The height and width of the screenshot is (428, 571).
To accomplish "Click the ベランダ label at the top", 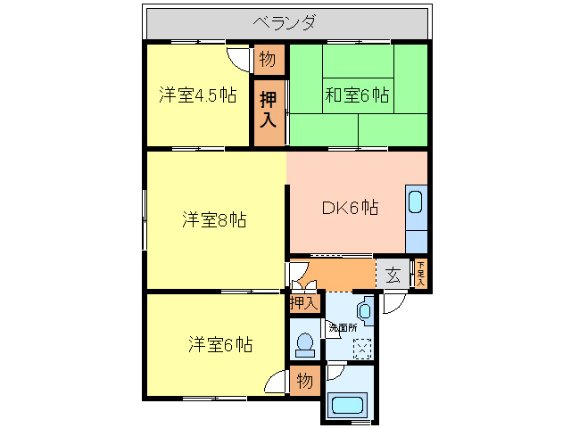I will point(284,22).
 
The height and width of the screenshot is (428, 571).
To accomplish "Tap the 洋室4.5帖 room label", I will point(198,95).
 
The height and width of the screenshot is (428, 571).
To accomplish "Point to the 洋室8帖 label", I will point(215,219).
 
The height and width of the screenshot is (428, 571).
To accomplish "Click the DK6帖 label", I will point(350,208).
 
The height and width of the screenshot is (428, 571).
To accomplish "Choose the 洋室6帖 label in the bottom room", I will point(219,344).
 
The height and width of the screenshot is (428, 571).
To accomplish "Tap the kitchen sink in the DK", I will point(416,202).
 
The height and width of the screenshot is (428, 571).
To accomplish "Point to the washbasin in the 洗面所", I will point(366,312).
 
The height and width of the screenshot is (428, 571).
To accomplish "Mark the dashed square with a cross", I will point(363,348).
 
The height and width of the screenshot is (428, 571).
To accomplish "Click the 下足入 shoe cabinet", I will point(420,274).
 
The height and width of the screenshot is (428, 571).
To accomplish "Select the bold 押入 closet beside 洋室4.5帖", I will point(268,109).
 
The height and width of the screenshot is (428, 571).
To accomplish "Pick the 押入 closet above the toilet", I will point(303,303).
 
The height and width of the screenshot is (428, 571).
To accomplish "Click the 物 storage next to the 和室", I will point(267,60).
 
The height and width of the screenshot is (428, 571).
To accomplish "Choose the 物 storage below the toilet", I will point(303,381).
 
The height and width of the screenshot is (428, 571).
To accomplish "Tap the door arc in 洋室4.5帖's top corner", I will point(240,57).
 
